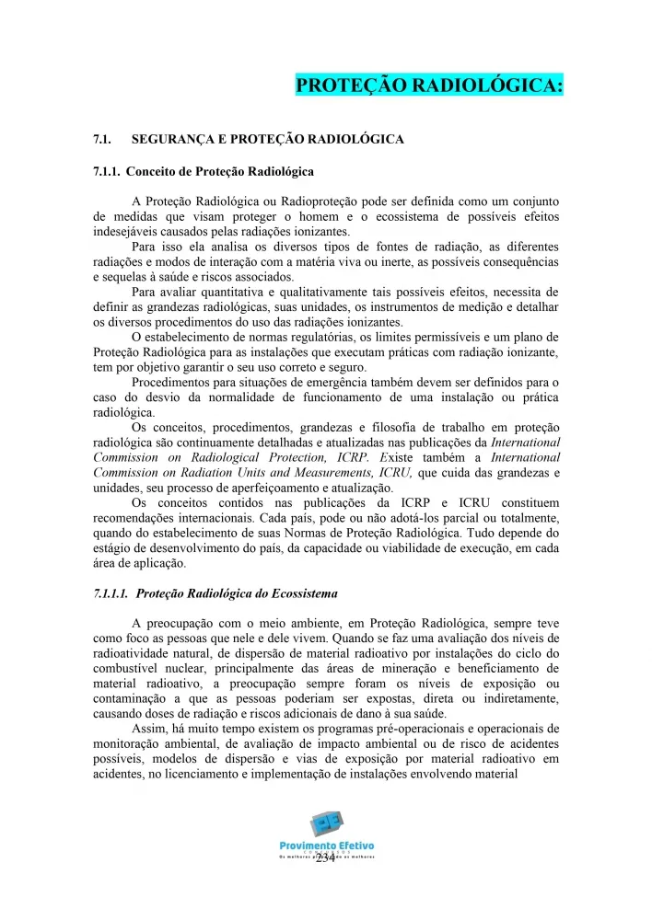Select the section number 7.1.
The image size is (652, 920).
[102, 139]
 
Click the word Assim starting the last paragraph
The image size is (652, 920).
[151, 729]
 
